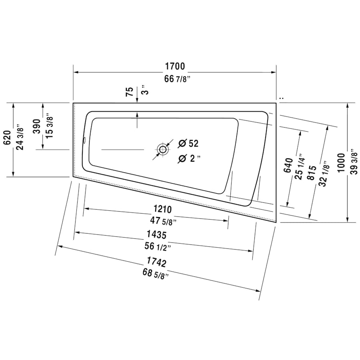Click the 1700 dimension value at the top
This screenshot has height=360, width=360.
tap(174, 66)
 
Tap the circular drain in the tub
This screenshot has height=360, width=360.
tap(162, 150)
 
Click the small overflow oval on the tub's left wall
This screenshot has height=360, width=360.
tap(84, 140)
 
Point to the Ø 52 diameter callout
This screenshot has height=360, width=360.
tap(188, 143)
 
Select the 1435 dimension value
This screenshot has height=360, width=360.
tap(156, 235)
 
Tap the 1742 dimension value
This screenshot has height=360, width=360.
tap(156, 262)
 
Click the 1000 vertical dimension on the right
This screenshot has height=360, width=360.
tap(341, 162)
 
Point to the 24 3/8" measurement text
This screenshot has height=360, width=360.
tap(20, 138)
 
